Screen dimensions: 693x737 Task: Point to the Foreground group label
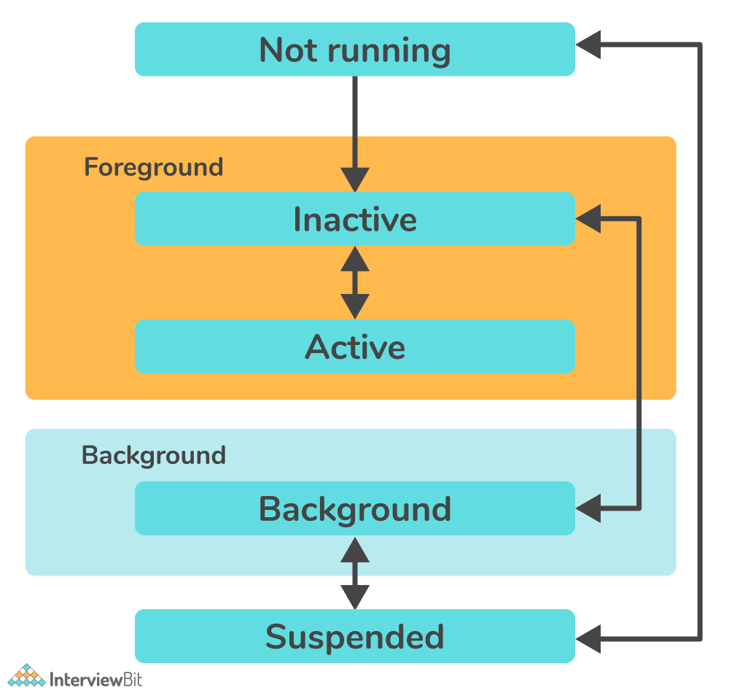click(154, 167)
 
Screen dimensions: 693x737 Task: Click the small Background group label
click(154, 455)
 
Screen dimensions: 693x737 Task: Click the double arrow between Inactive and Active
click(355, 282)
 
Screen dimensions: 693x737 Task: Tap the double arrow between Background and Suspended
click(355, 573)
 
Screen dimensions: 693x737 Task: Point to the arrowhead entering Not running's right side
click(588, 45)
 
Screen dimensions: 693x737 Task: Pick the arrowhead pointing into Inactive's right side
click(588, 218)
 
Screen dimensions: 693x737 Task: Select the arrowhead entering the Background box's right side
click(588, 508)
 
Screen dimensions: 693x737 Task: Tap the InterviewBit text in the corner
click(95, 678)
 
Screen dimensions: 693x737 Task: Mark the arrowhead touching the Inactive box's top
click(355, 180)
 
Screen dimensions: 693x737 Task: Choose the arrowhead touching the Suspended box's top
click(355, 597)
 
